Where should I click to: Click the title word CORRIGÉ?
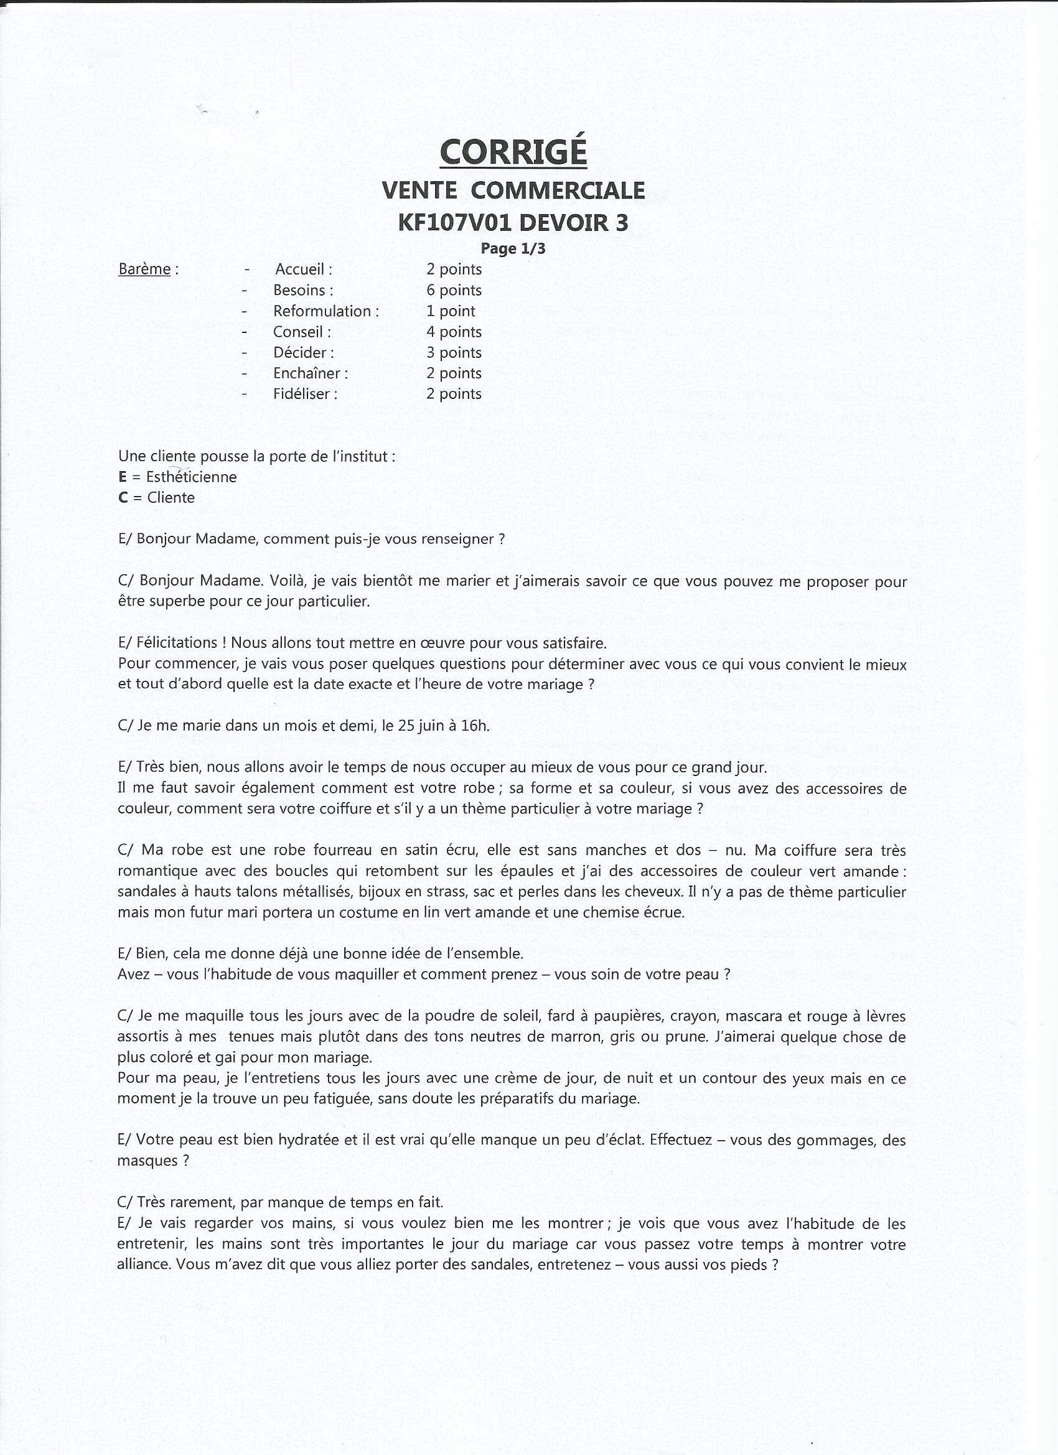(x=513, y=152)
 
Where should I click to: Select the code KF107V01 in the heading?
(x=454, y=222)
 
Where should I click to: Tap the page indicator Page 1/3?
(x=513, y=248)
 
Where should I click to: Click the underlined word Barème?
(x=144, y=269)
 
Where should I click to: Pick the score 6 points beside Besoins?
(x=454, y=290)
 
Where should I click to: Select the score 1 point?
(x=451, y=311)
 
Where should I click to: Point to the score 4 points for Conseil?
(x=454, y=332)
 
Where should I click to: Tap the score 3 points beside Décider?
(x=454, y=352)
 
